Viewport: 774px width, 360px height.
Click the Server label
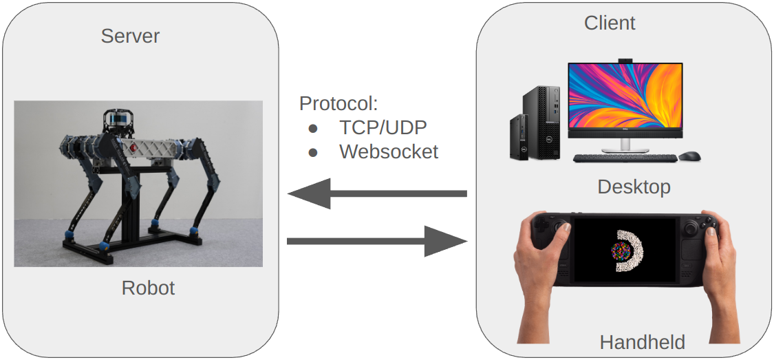pyautogui.click(x=130, y=36)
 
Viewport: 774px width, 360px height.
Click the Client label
pyautogui.click(x=610, y=23)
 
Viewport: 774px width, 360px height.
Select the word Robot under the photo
pyautogui.click(x=148, y=287)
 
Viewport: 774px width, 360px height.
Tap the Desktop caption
pyautogui.click(x=634, y=187)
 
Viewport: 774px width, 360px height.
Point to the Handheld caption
pyautogui.click(x=642, y=342)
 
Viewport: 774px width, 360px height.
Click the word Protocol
pyautogui.click(x=338, y=104)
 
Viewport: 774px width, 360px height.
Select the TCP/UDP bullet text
pyautogui.click(x=383, y=127)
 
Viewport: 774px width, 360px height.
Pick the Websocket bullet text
pyautogui.click(x=389, y=151)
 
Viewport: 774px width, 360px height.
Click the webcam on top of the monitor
pyautogui.click(x=625, y=61)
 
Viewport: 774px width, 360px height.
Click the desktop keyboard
pyautogui.click(x=623, y=158)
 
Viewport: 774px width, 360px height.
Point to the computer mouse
pyautogui.click(x=689, y=156)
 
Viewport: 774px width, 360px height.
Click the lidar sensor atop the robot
pyautogui.click(x=117, y=121)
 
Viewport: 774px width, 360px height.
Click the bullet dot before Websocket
pyautogui.click(x=313, y=152)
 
